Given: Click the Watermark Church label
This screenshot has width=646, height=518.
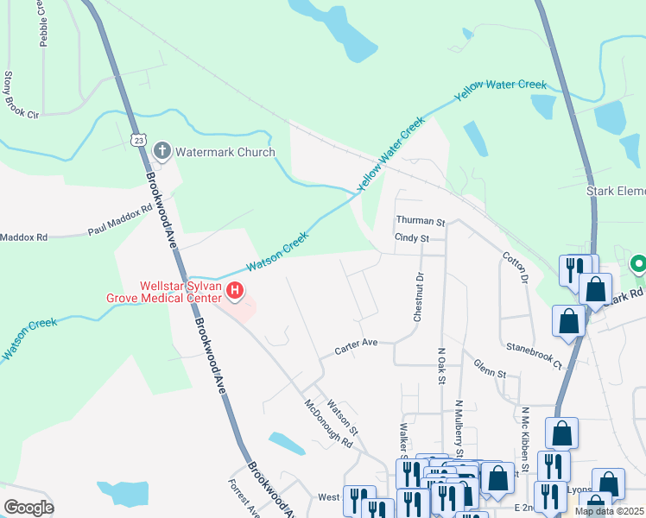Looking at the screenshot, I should tap(225, 153).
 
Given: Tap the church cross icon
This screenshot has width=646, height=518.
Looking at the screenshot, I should tap(161, 152).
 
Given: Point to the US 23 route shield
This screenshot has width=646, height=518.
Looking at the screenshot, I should tap(139, 138).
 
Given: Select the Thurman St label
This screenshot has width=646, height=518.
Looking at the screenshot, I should tap(420, 221).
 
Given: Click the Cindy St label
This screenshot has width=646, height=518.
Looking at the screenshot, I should tap(412, 237).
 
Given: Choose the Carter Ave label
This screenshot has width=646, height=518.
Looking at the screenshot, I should tap(357, 344).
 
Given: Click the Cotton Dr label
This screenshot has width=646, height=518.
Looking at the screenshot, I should tap(515, 268).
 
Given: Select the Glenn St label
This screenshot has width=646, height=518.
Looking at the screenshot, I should tap(490, 371).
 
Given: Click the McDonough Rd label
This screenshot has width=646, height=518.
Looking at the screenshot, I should tap(329, 424).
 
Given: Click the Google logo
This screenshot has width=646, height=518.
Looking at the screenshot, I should tap(28, 508).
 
